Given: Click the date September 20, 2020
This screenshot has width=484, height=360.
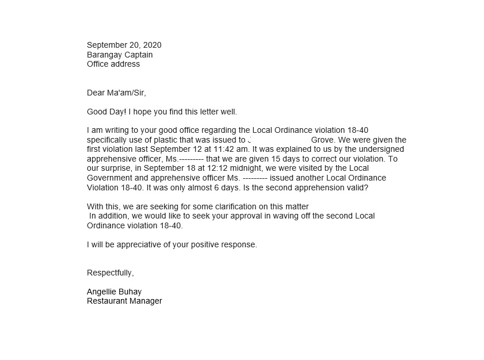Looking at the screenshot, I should (124, 45).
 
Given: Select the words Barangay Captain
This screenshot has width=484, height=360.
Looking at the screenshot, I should (120, 55).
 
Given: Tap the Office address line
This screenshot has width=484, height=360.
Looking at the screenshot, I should (113, 64).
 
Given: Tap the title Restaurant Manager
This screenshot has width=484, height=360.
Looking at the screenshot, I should (124, 301).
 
